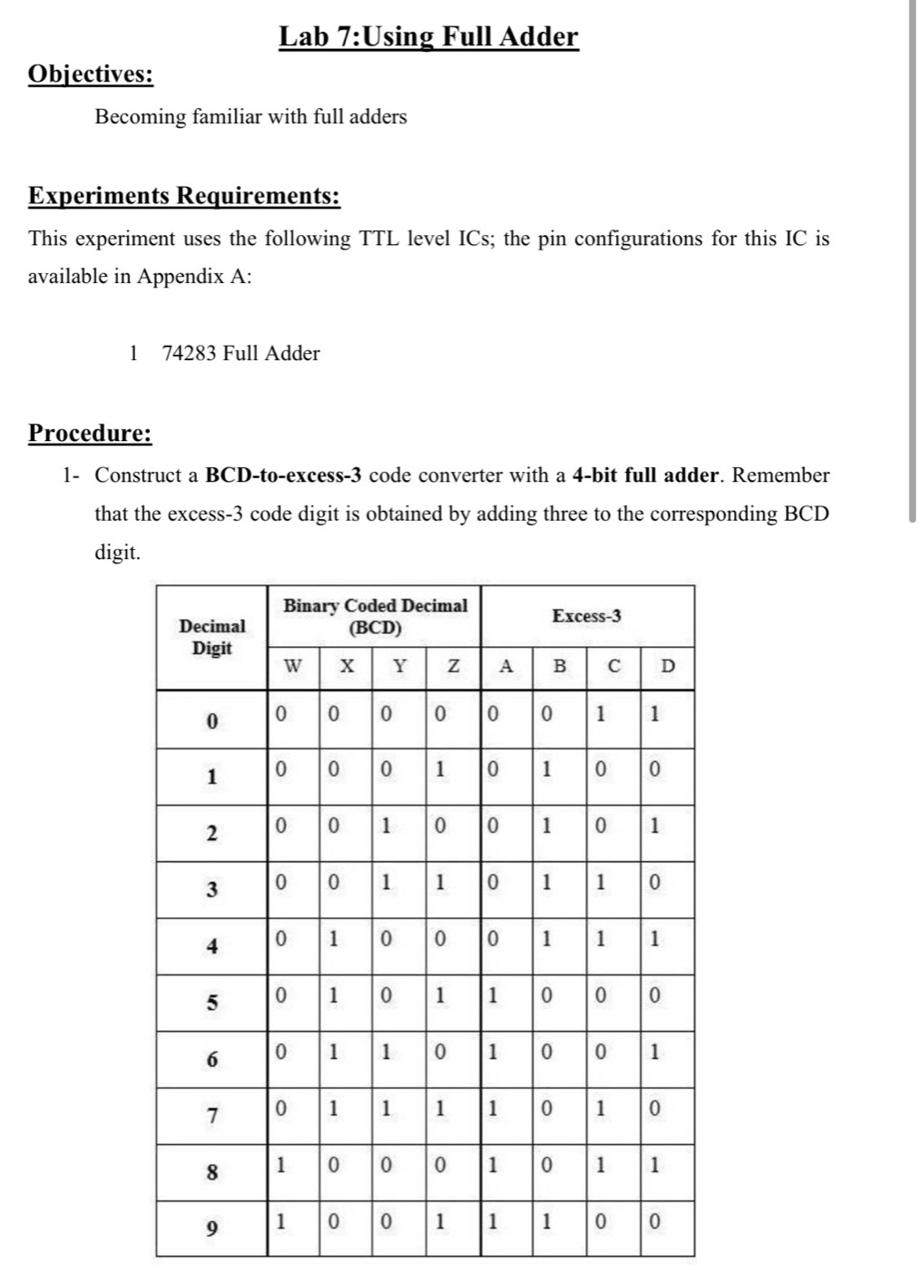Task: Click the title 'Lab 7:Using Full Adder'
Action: pyautogui.click(x=427, y=37)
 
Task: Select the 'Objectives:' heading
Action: pyautogui.click(x=91, y=73)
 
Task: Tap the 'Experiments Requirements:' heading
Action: pyautogui.click(x=184, y=196)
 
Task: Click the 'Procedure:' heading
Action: pyautogui.click(x=90, y=433)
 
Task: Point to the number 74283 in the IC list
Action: pyautogui.click(x=189, y=353)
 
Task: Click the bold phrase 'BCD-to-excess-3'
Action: pyautogui.click(x=284, y=475)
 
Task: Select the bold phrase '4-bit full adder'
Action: pyautogui.click(x=646, y=475)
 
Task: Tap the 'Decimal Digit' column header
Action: pyautogui.click(x=211, y=637)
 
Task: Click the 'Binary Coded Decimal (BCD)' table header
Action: pyautogui.click(x=375, y=616)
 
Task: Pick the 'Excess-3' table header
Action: pyautogui.click(x=586, y=616)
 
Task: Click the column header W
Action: pyautogui.click(x=292, y=666)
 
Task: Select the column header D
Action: pyautogui.click(x=667, y=666)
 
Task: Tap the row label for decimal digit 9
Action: pyautogui.click(x=211, y=1229)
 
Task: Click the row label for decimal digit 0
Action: pyautogui.click(x=211, y=722)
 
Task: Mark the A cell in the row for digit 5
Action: pyautogui.click(x=492, y=995)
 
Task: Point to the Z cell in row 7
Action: pyautogui.click(x=439, y=1108)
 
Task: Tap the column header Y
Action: pyautogui.click(x=398, y=666)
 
